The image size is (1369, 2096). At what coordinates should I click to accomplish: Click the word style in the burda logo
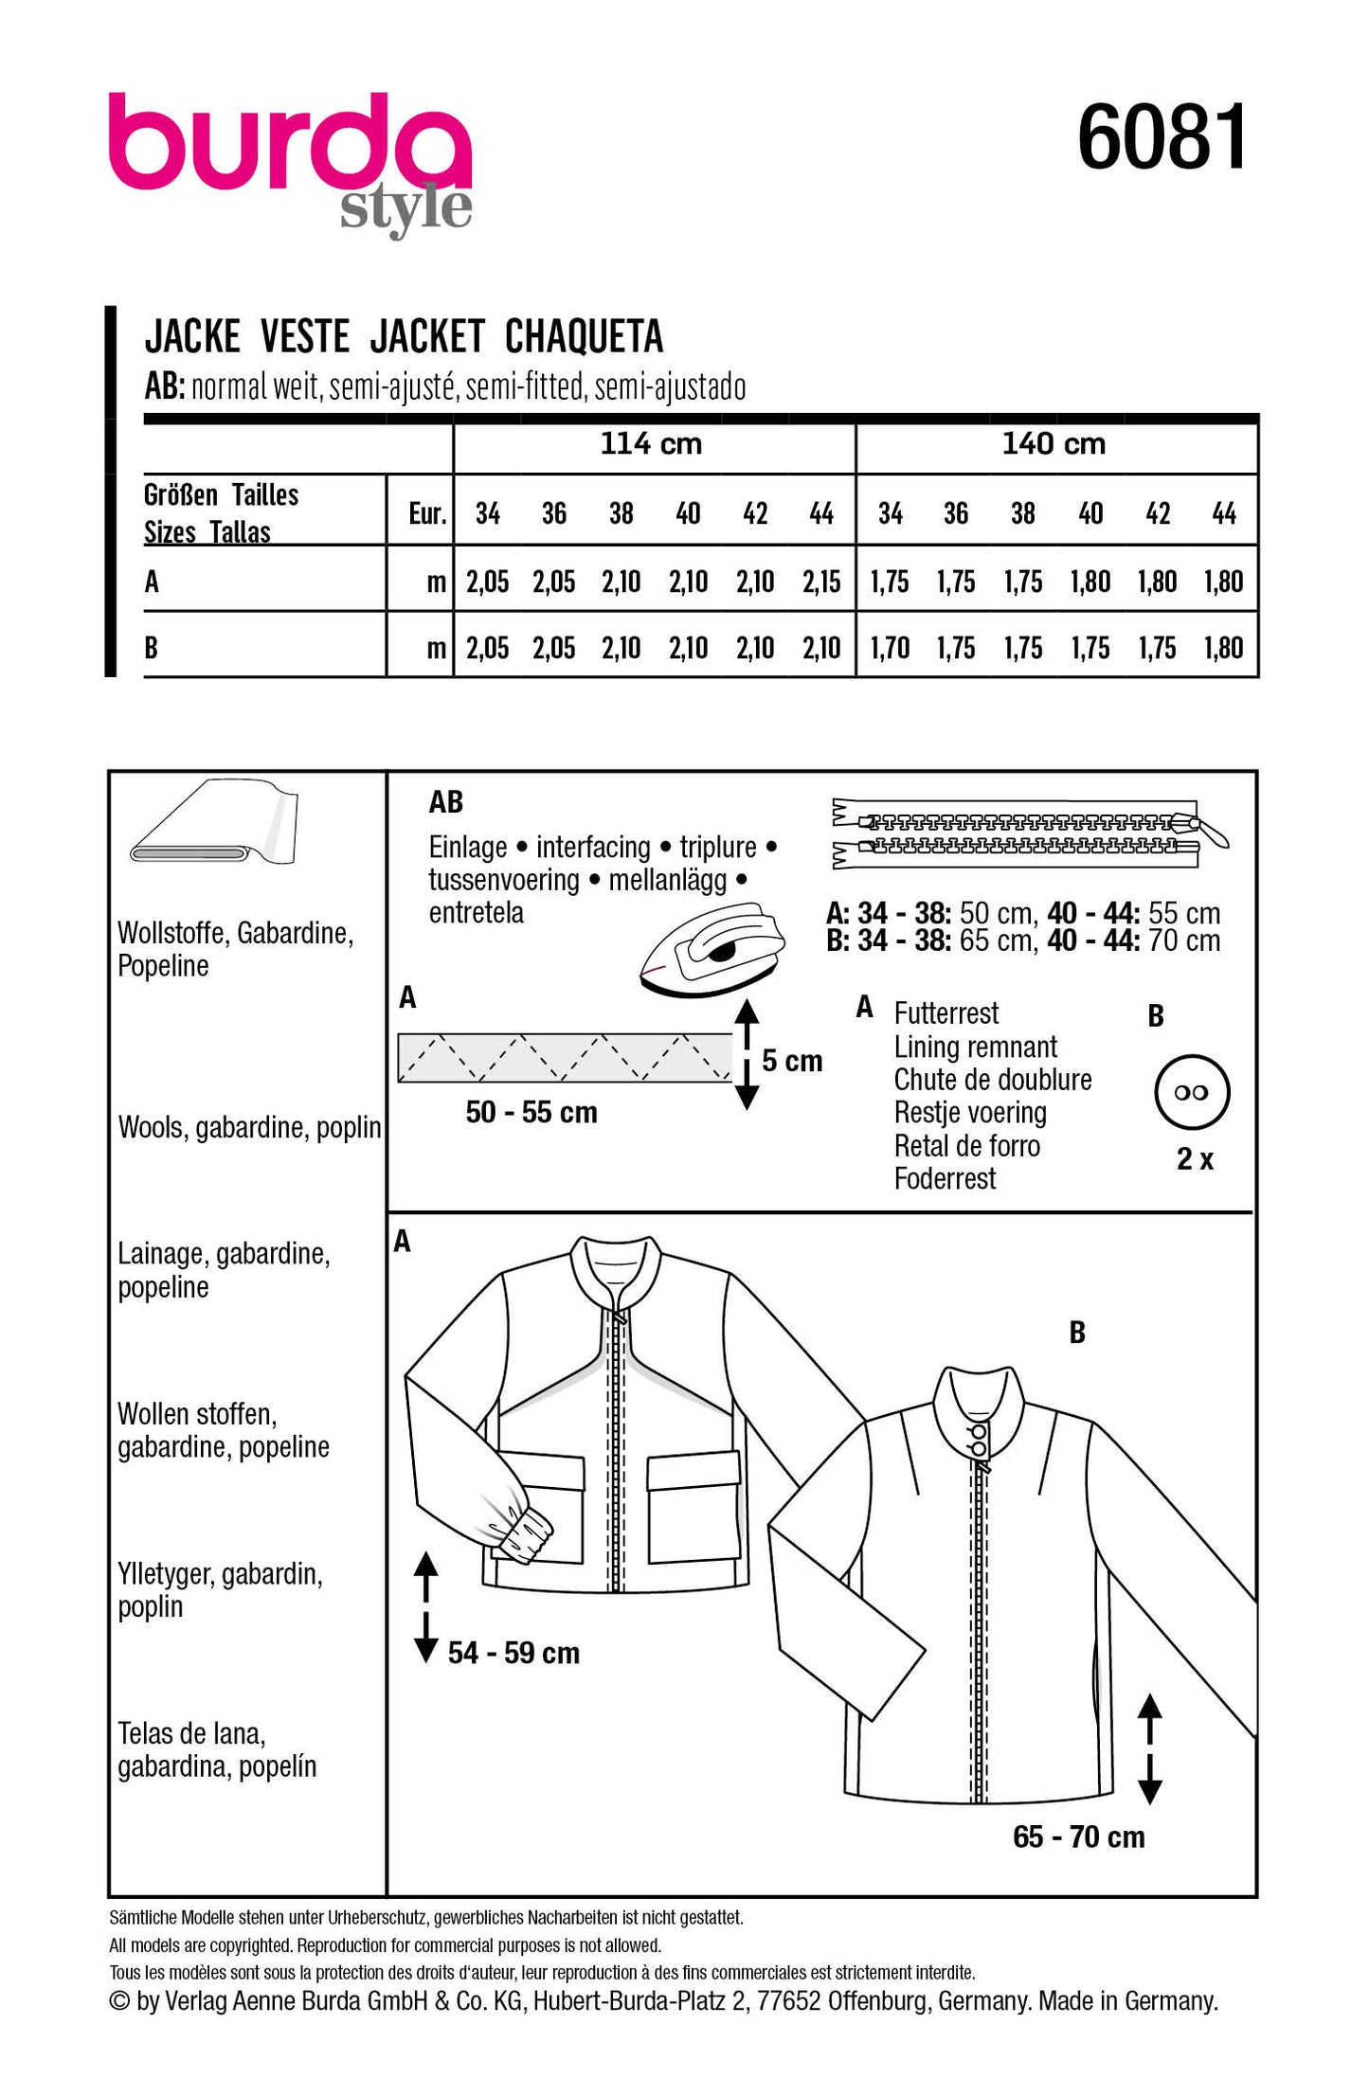click(405, 208)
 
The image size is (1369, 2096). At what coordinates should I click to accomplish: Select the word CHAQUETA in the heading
click(584, 336)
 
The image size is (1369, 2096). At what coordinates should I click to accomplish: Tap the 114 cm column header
click(651, 443)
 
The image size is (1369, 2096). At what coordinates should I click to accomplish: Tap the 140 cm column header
click(1054, 443)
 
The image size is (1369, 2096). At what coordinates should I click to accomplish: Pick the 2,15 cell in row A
click(820, 582)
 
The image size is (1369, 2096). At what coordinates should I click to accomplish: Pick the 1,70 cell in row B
click(890, 648)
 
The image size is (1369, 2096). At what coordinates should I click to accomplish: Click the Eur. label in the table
click(427, 513)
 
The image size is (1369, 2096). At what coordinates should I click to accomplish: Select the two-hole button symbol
click(1192, 1092)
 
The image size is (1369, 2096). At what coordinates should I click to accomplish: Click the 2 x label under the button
click(1195, 1158)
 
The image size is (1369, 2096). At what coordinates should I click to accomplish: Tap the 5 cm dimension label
click(792, 1061)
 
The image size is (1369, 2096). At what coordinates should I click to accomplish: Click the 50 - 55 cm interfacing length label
click(531, 1112)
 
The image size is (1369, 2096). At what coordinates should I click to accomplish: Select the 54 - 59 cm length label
click(513, 1653)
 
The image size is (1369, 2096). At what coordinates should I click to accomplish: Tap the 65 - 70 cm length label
click(1078, 1837)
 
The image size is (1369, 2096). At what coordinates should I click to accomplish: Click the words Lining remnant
click(975, 1047)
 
